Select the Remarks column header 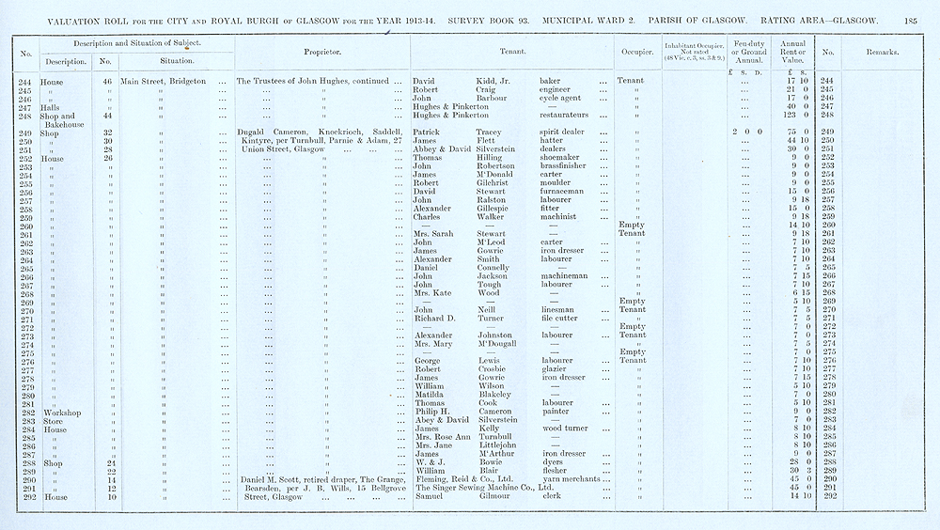[883, 51]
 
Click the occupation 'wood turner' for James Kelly [566, 429]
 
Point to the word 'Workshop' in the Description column [61, 412]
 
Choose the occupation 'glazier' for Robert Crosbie [556, 369]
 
